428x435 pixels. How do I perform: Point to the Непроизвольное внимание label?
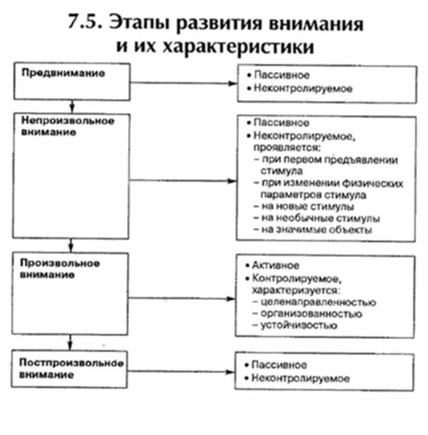tap(68, 126)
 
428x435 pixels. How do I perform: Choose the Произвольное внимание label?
tap(61, 268)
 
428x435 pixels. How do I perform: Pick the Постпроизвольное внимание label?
tap(73, 369)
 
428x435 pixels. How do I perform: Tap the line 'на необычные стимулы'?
tap(316, 218)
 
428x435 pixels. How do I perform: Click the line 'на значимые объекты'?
tap(313, 229)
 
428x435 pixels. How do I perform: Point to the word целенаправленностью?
tap(314, 302)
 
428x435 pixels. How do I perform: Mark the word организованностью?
tap(307, 314)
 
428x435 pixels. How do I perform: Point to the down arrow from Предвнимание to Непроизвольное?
tap(70, 105)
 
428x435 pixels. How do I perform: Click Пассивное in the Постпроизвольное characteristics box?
tap(279, 365)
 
